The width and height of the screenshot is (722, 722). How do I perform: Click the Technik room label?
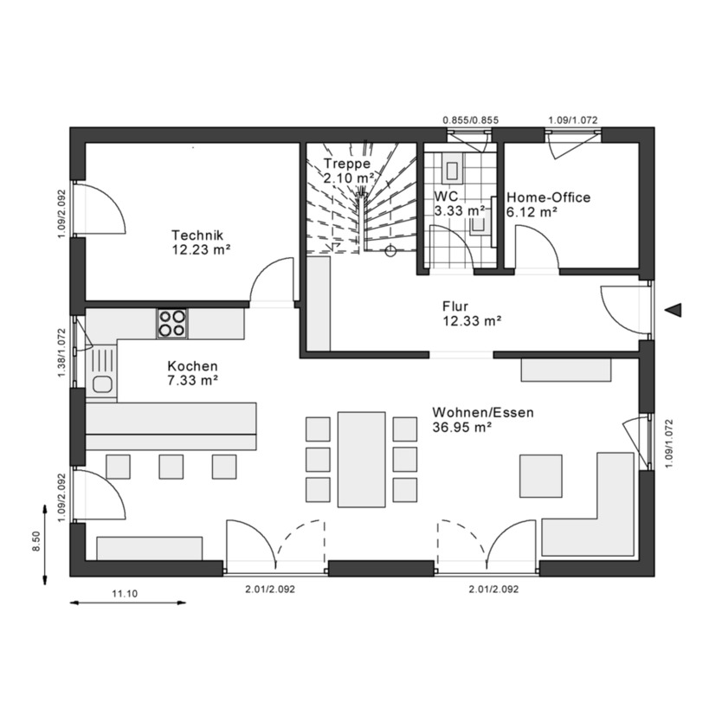pos(198,235)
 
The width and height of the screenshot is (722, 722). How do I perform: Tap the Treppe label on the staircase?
pos(347,164)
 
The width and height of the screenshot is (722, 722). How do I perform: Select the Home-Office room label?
pos(548,197)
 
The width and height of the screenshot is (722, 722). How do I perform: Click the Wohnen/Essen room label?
pos(482,413)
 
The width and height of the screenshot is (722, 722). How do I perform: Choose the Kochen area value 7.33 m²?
pos(192,379)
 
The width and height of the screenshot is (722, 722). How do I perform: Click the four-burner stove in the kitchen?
pos(171,323)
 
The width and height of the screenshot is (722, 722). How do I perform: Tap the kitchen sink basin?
pos(102,384)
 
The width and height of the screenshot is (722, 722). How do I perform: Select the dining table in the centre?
pos(361,459)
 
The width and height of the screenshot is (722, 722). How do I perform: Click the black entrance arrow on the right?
pos(676,310)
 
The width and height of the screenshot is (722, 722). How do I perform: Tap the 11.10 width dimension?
pos(126,593)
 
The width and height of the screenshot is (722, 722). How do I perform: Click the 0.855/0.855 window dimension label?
pos(470,120)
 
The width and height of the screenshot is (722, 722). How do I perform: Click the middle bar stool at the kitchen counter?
pos(171,466)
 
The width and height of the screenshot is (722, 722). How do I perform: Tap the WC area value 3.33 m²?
pos(459,210)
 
